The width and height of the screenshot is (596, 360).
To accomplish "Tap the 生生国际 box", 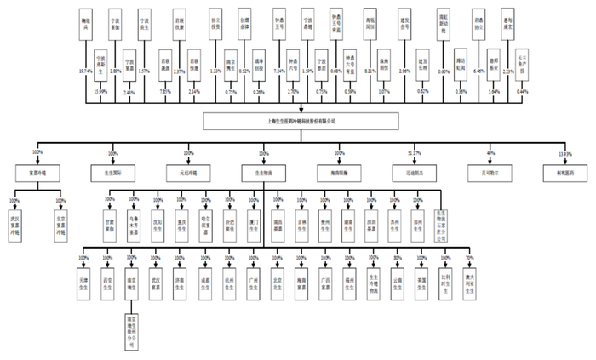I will click(x=112, y=172).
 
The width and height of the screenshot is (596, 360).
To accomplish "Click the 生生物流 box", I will click(x=262, y=172).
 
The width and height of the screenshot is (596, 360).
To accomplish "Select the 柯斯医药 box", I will click(x=560, y=172).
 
